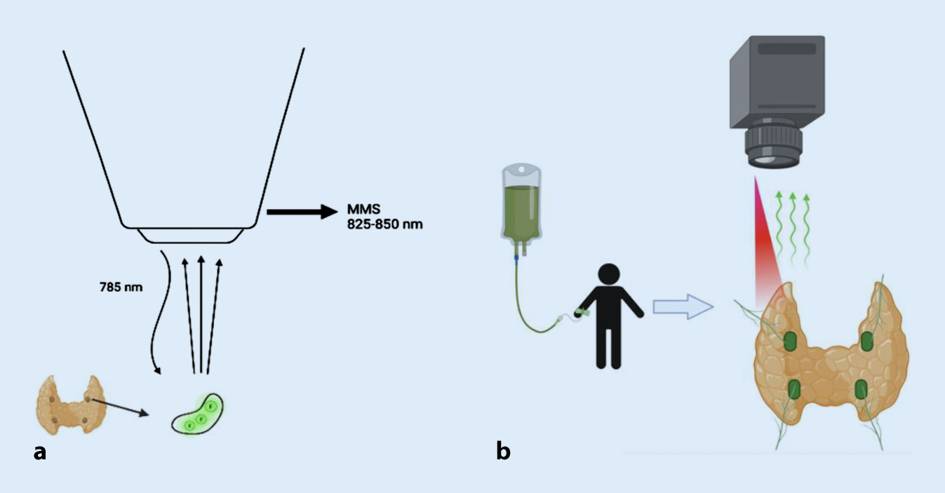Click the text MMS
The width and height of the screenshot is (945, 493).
point(362,210)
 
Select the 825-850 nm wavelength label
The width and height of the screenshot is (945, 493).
point(384,226)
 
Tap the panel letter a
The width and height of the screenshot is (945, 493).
point(40,452)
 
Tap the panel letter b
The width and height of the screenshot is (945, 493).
point(502,452)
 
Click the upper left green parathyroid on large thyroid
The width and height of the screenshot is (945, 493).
point(790,342)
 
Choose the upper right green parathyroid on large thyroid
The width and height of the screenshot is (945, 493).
point(867,342)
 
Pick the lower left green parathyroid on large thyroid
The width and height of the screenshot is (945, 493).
point(795,389)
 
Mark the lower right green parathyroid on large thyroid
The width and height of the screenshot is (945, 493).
point(862,389)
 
